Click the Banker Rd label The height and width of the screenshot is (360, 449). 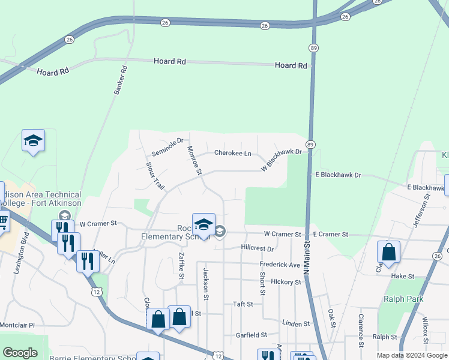coord(121,79)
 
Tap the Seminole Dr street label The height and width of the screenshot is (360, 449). coord(167,145)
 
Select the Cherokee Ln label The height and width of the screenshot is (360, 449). coord(232,153)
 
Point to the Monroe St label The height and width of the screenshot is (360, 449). coord(194,161)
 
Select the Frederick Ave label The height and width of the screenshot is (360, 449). coord(280,265)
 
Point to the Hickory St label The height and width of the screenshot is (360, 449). coord(285,281)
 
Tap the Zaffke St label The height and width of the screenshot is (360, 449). coord(181,265)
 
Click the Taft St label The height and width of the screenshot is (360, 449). coord(243,304)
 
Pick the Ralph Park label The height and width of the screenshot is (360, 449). coord(404,299)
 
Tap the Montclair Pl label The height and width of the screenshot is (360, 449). coord(17,325)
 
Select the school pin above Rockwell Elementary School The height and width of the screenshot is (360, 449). coord(203,224)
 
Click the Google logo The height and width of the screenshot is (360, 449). coord(20,353)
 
